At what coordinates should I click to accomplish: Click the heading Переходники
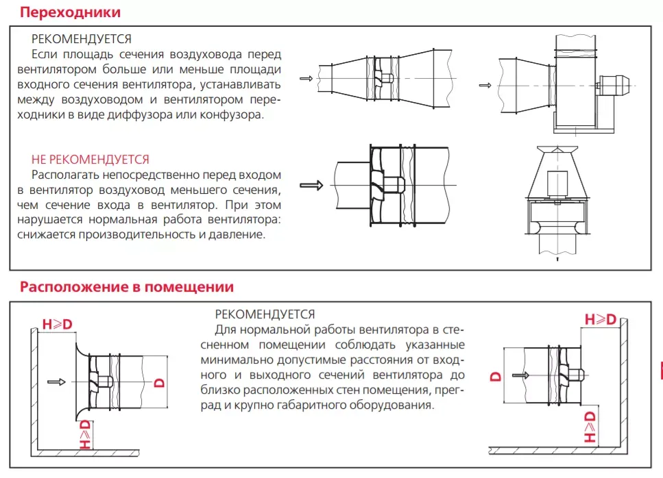pyautogui.click(x=71, y=12)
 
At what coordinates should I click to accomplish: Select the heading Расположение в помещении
pyautogui.click(x=127, y=287)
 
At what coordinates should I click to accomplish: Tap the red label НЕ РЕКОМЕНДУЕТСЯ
pyautogui.click(x=90, y=160)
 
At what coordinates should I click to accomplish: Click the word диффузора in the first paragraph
pyautogui.click(x=173, y=114)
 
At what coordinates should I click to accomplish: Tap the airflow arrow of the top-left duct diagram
pyautogui.click(x=306, y=79)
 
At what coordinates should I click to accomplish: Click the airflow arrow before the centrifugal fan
pyautogui.click(x=485, y=85)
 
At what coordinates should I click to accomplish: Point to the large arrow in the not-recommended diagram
pyautogui.click(x=311, y=185)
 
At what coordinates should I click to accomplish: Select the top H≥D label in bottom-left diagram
pyautogui.click(x=57, y=324)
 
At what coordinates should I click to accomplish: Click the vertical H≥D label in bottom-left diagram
pyautogui.click(x=84, y=436)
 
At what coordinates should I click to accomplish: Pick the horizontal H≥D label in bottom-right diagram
pyautogui.click(x=600, y=320)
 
